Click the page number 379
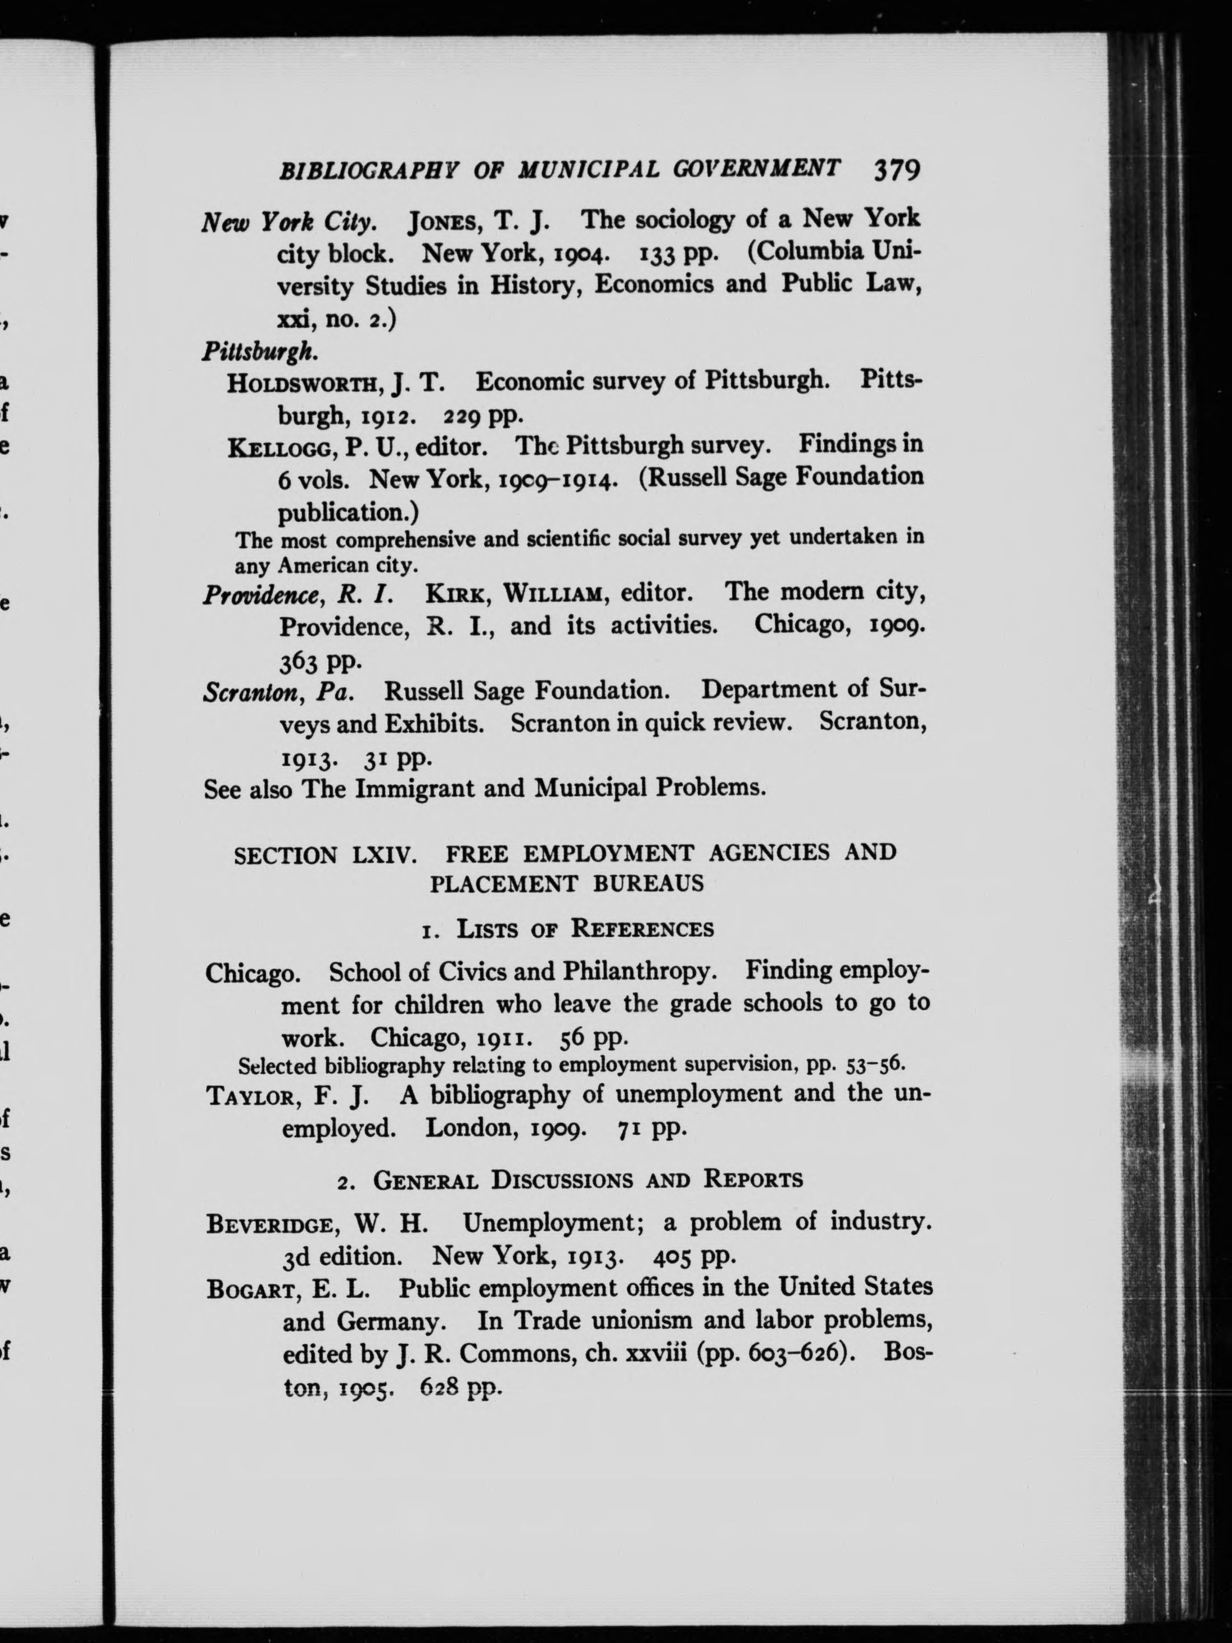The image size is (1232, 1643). pyautogui.click(x=896, y=170)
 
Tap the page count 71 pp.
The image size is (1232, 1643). pyautogui.click(x=648, y=1130)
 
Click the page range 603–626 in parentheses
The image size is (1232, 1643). pyautogui.click(x=787, y=1353)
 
